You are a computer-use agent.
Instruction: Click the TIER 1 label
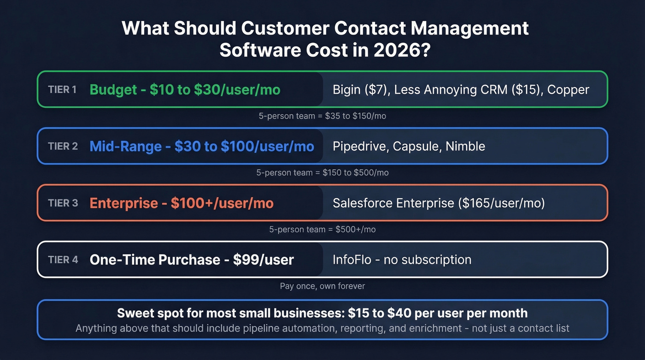pos(62,89)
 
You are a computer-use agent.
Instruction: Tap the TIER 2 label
pos(63,147)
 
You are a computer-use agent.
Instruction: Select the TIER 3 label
pos(63,203)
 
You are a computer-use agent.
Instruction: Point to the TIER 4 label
pos(63,260)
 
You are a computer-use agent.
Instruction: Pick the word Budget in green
pos(113,89)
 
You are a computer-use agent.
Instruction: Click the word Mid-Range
pos(125,147)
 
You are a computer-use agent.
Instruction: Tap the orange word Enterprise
pos(123,203)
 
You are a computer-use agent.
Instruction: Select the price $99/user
pos(263,260)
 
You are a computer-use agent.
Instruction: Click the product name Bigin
pos(346,89)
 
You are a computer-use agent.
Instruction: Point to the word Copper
pos(568,89)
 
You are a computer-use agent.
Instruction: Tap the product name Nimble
pos(465,147)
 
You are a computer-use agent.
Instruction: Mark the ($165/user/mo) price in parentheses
pos(502,203)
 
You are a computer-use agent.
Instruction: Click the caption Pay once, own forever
pos(322,286)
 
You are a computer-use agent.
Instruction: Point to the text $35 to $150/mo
pos(355,116)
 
